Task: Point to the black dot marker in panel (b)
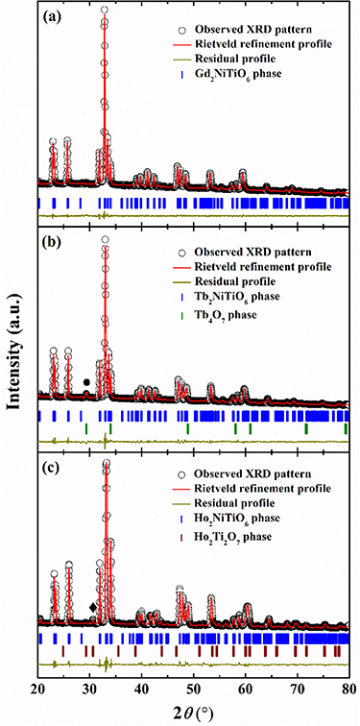87,382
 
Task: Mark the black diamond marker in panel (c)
93,607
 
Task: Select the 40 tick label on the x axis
142,689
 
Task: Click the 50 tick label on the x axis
194,689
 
